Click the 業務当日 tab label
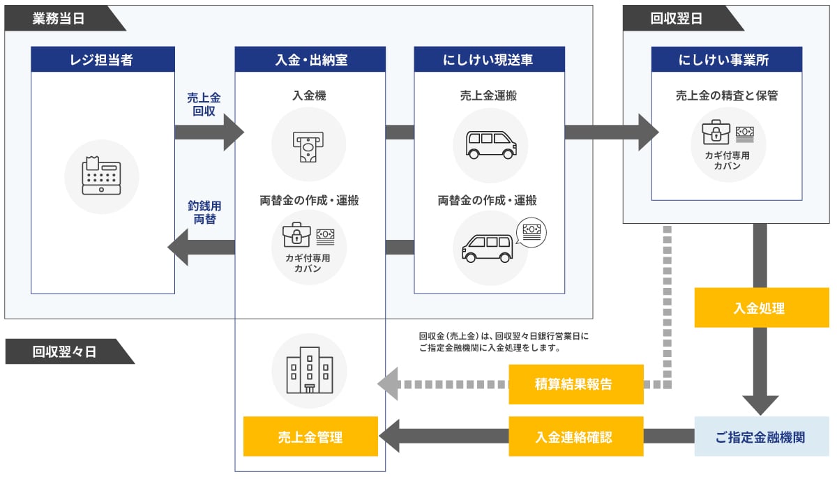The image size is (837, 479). click(59, 19)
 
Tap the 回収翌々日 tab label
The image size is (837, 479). click(64, 351)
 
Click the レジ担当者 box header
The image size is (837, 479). click(103, 59)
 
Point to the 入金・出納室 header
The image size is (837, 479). click(310, 59)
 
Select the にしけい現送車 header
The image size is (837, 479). click(488, 59)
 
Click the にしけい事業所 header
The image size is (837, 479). click(726, 59)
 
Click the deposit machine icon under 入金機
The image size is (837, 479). click(308, 144)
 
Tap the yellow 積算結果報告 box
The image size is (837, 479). click(575, 384)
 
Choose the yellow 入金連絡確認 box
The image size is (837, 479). click(575, 437)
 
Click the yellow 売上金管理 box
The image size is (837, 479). click(310, 437)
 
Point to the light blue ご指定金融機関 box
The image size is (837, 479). click(760, 437)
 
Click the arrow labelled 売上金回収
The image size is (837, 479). click(209, 132)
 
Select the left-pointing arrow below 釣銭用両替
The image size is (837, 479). click(201, 247)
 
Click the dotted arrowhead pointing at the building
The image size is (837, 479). click(388, 384)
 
